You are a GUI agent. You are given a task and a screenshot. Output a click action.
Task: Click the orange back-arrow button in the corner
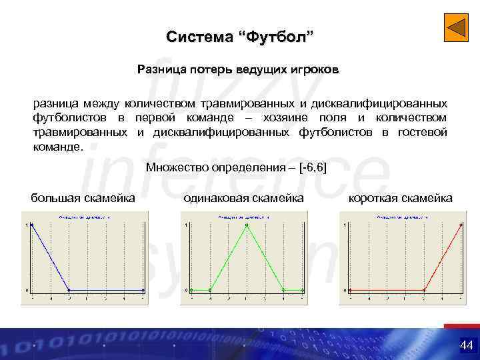tap(456, 28)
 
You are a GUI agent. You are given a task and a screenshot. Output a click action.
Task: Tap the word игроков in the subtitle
tap(317, 69)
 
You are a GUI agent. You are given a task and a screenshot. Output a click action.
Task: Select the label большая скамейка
tap(83, 198)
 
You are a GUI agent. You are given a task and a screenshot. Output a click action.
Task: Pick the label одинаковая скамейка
tap(243, 198)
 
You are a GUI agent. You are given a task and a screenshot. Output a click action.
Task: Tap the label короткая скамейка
tap(400, 198)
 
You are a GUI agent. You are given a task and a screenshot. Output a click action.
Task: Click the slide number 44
tap(465, 345)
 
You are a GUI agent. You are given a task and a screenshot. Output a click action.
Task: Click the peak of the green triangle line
tap(247, 225)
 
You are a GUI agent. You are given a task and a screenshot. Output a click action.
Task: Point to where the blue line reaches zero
tap(69, 290)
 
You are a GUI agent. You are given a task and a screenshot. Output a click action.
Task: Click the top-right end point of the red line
tap(461, 225)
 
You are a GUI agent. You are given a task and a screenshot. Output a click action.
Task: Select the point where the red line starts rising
tap(424, 290)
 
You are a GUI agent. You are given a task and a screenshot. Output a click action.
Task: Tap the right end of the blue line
tap(143, 290)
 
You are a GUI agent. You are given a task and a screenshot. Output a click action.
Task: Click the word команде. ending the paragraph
tap(59, 146)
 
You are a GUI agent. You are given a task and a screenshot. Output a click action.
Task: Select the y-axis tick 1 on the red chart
tap(344, 225)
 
